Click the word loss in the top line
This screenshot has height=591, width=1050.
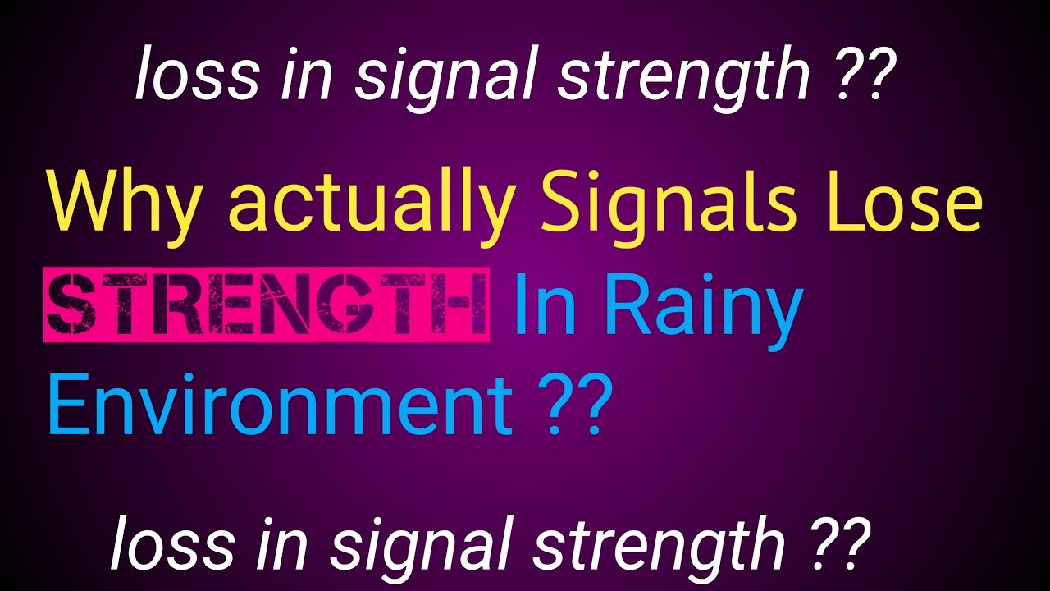point(185,76)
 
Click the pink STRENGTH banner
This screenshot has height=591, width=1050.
point(267,304)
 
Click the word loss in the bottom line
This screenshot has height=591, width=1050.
point(161,543)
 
